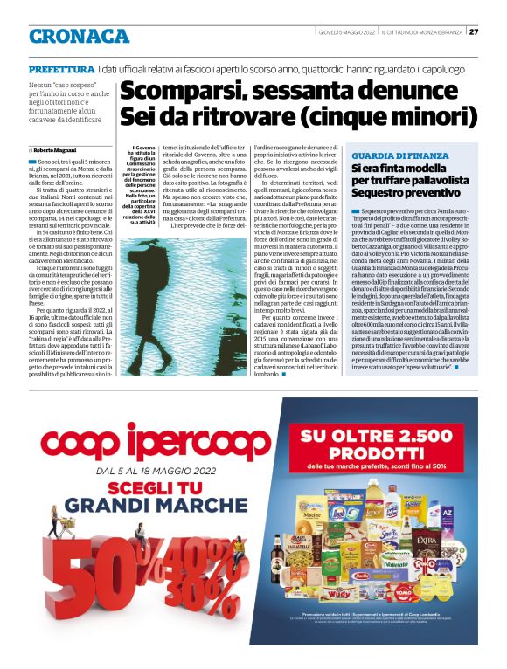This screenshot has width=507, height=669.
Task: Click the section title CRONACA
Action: [79, 36]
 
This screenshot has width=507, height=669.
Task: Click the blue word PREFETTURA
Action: [61, 68]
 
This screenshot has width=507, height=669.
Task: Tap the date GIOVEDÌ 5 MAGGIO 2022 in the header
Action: [346, 32]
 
